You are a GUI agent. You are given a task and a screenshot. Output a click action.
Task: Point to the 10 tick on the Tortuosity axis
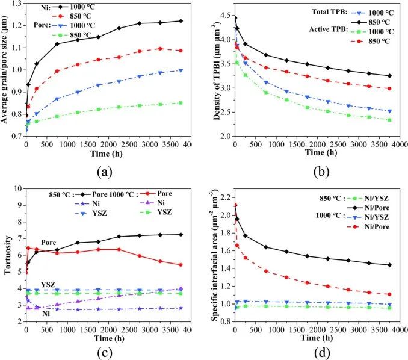[x=18, y=188]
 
